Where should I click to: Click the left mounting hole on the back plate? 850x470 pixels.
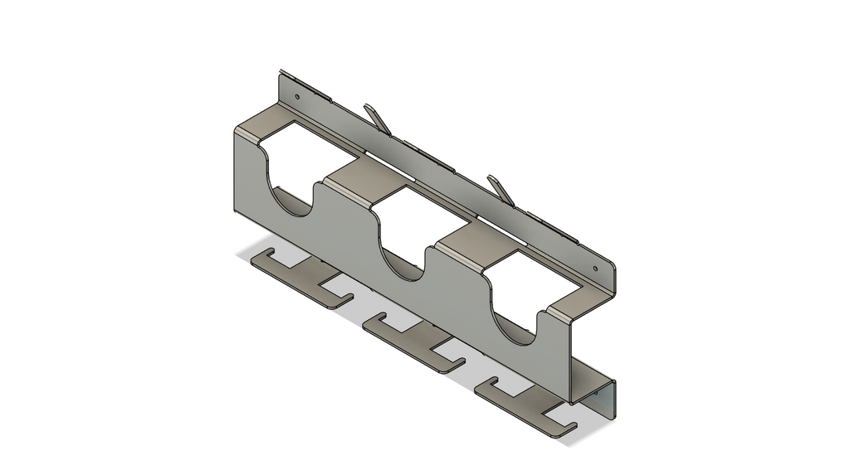pos(296,98)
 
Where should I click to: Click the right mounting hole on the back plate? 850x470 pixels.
pos(594,269)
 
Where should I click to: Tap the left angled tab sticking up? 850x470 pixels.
pos(377,118)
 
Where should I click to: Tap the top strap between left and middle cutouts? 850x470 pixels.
pos(362,182)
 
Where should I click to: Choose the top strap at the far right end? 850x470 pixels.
pos(573,306)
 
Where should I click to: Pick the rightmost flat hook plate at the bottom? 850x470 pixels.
pos(523,402)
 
